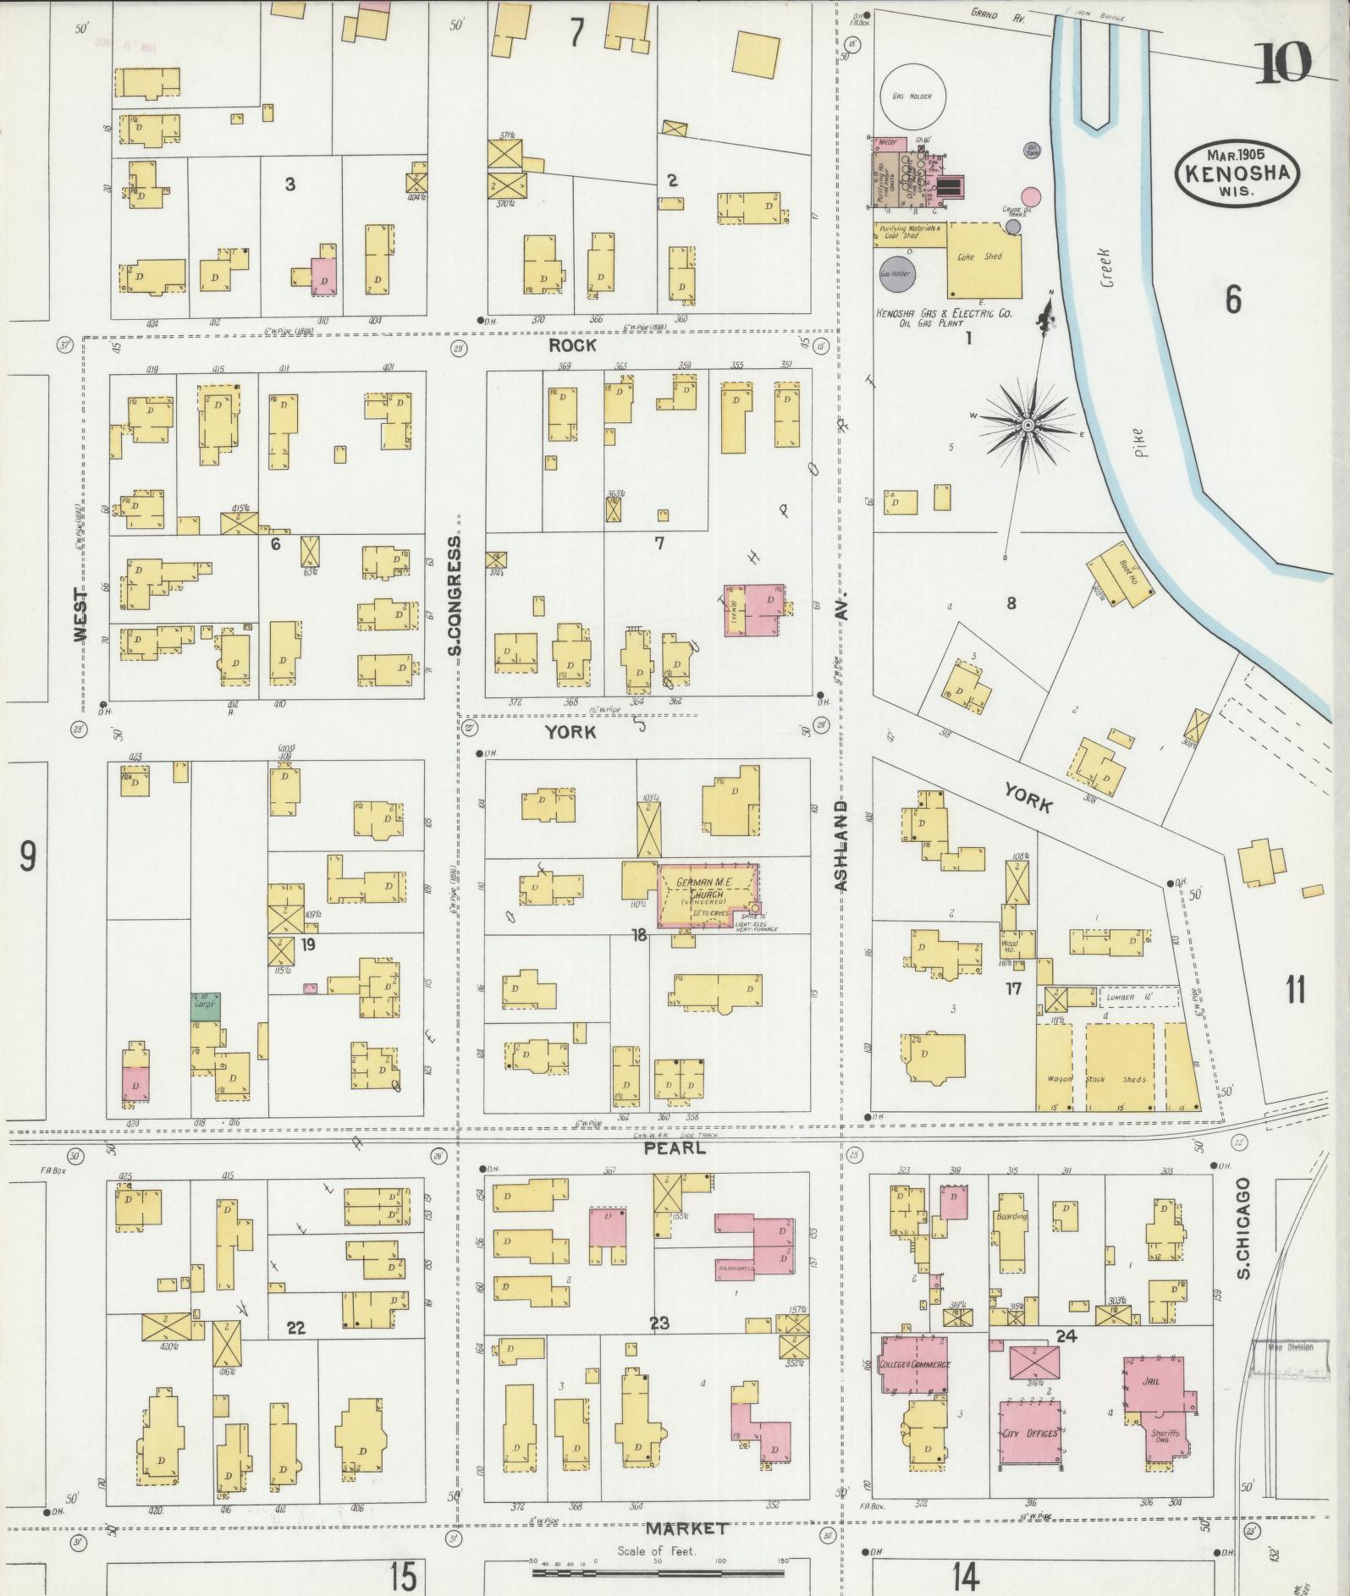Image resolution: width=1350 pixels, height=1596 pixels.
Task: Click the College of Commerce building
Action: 915,1364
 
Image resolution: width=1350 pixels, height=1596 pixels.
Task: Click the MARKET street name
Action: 686,1529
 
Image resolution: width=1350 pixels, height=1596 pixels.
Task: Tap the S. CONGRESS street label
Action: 455,595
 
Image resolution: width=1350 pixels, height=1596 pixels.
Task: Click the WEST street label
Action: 80,615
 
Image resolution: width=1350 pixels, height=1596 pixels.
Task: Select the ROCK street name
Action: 572,346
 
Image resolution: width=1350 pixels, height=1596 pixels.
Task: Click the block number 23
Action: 658,1323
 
